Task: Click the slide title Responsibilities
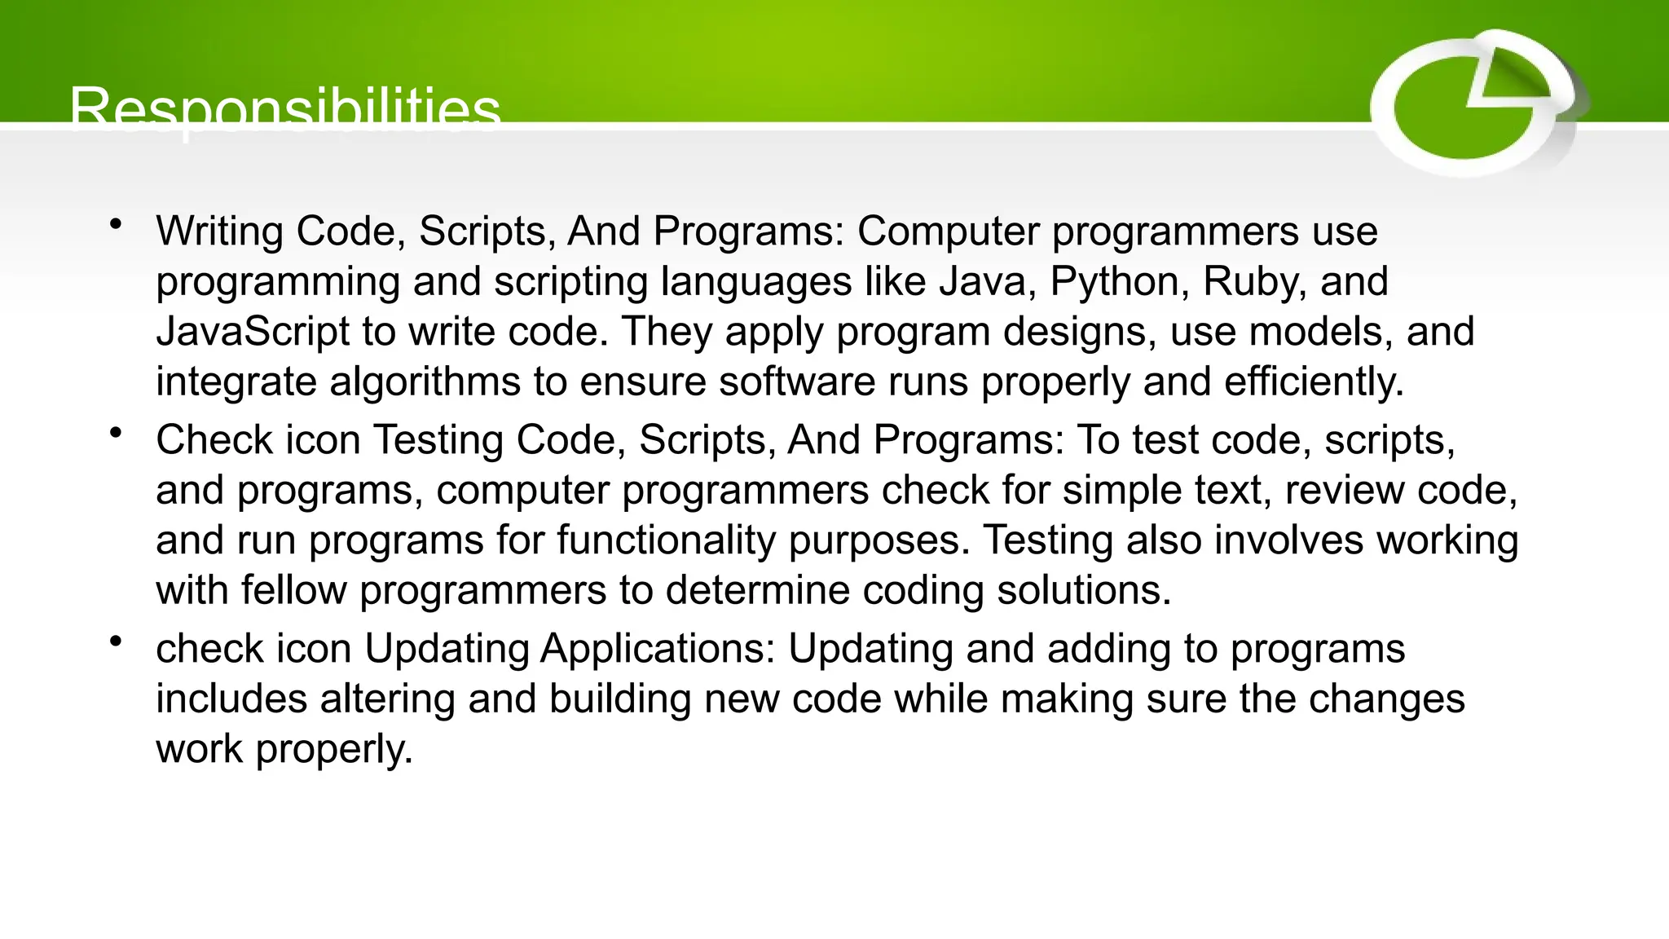pyautogui.click(x=284, y=109)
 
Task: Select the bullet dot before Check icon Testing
pyautogui.click(x=117, y=432)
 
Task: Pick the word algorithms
pyautogui.click(x=425, y=382)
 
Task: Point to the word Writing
pyautogui.click(x=219, y=231)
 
